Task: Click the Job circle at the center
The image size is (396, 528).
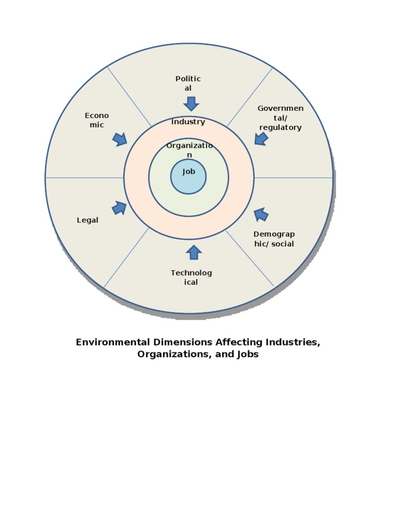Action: pyautogui.click(x=188, y=176)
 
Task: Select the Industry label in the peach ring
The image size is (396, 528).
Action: pyautogui.click(x=188, y=122)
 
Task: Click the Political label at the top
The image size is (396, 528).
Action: pyautogui.click(x=188, y=84)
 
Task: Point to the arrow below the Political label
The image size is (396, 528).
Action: pyautogui.click(x=191, y=103)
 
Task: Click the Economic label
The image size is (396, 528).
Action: pyautogui.click(x=96, y=120)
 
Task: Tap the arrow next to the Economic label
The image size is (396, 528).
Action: pyautogui.click(x=120, y=139)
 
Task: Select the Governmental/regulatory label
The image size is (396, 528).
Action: pyautogui.click(x=280, y=118)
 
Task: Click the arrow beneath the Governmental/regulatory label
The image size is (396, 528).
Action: pyautogui.click(x=261, y=138)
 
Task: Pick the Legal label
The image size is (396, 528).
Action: pyautogui.click(x=88, y=220)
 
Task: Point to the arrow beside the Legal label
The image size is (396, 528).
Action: pyautogui.click(x=119, y=207)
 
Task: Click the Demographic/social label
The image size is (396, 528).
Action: pyautogui.click(x=274, y=239)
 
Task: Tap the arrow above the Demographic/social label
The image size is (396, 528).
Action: pyautogui.click(x=261, y=214)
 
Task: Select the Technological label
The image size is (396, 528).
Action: pyautogui.click(x=191, y=277)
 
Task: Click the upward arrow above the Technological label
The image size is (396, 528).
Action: pyautogui.click(x=194, y=252)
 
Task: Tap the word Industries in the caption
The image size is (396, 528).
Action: pyautogui.click(x=292, y=342)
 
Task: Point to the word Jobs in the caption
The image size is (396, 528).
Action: pyautogui.click(x=246, y=355)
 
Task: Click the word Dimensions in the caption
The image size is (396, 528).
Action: pyautogui.click(x=181, y=342)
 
